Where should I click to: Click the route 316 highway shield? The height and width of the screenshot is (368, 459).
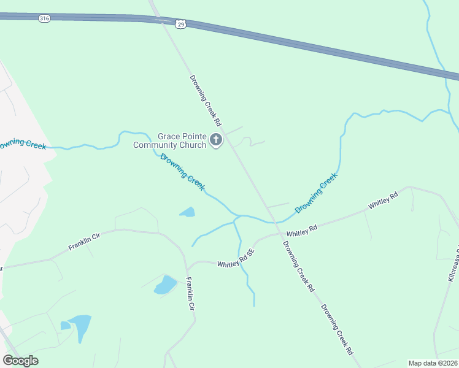tap(44, 19)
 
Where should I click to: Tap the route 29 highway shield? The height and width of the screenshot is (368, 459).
tap(180, 24)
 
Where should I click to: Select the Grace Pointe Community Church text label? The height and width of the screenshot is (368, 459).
tap(182, 141)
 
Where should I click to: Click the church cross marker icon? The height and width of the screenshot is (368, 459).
tap(215, 140)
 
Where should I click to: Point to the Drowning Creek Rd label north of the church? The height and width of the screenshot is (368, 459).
tap(205, 101)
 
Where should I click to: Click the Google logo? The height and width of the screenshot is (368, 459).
tap(20, 361)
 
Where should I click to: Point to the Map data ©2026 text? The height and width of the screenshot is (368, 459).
tap(433, 362)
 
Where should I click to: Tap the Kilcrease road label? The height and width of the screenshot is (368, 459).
tap(452, 264)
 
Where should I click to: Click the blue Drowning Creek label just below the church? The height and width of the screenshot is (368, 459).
tap(182, 172)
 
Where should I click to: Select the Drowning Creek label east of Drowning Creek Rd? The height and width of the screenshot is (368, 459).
tap(317, 193)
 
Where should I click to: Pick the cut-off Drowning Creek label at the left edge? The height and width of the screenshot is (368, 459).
tap(23, 145)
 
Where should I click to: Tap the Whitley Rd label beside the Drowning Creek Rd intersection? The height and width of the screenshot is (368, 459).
tap(302, 231)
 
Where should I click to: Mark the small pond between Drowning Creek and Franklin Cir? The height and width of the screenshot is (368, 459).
tap(187, 213)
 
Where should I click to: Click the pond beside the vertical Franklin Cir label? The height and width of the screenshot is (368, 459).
tap(165, 285)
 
